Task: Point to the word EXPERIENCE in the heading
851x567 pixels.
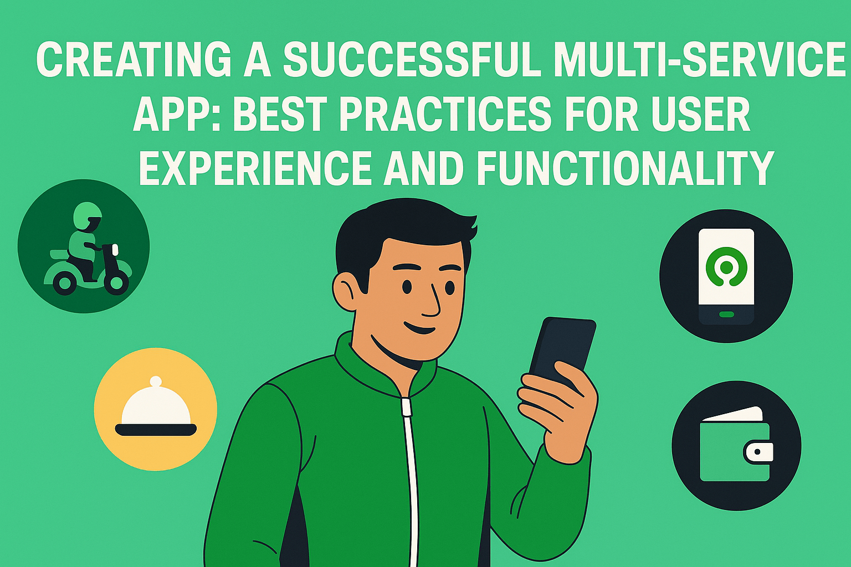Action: (x=254, y=167)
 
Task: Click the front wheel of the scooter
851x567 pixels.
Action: (x=115, y=282)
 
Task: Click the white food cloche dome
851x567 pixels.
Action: (x=156, y=406)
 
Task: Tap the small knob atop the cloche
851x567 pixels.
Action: (x=156, y=381)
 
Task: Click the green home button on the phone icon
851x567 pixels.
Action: (x=726, y=314)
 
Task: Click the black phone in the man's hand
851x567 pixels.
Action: (x=562, y=351)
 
